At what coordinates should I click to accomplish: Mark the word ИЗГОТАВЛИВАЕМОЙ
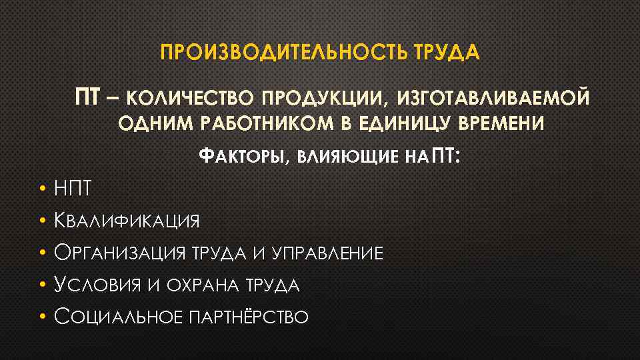(x=493, y=99)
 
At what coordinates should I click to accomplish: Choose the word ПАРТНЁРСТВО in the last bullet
(x=249, y=317)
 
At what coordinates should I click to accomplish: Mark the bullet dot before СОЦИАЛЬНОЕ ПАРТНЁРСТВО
(x=41, y=317)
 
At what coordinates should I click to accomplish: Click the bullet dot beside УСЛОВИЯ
(x=41, y=285)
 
